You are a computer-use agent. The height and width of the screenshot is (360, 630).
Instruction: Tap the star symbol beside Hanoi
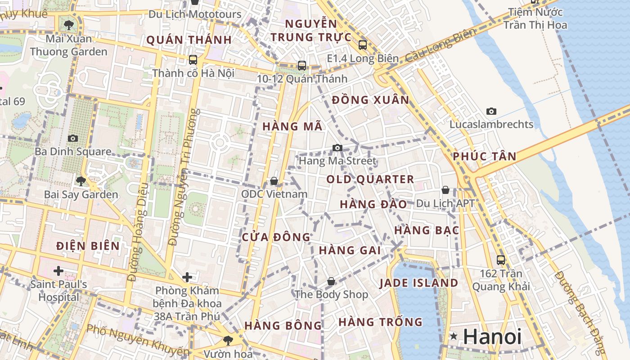coord(454,336)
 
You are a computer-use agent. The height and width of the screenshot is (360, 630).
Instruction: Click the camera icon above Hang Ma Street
coord(337,148)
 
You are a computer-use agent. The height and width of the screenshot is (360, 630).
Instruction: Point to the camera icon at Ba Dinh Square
coord(73,138)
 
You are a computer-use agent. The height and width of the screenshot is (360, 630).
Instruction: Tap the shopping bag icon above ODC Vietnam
coord(274,181)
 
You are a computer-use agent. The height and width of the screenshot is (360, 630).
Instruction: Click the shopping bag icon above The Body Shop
coord(331,281)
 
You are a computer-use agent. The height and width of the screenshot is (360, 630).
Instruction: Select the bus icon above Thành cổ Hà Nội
coord(193,59)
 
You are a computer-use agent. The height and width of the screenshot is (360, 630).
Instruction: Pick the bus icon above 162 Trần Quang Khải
coord(500,260)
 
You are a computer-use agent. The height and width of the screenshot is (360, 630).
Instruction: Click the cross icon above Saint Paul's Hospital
coord(58,271)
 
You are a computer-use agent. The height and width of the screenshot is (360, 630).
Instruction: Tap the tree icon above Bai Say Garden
coord(81,181)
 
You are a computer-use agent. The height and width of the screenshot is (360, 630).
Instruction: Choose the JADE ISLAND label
coord(418,283)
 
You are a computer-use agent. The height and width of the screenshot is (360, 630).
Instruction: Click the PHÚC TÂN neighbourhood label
coord(484,156)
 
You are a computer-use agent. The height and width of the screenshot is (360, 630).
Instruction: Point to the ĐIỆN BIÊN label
coord(88,246)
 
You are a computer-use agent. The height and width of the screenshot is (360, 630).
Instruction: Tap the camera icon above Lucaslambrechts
coord(491,111)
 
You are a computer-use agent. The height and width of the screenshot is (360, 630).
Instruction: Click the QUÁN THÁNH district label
coord(189,40)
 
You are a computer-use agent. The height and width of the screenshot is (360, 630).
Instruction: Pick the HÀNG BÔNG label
coord(283,325)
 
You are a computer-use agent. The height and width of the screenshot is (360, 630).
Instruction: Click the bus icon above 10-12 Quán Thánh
coord(301,65)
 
